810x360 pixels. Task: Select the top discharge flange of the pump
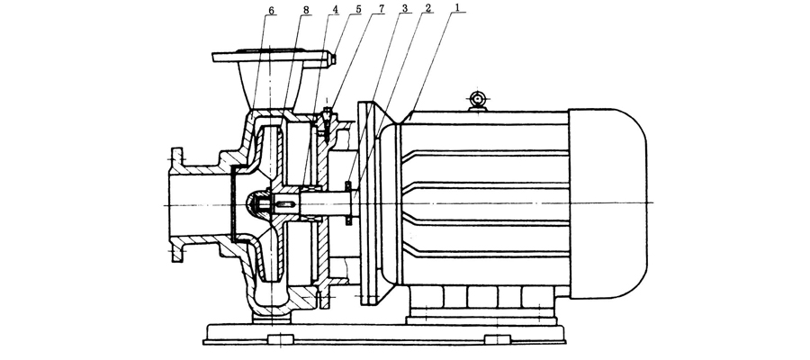coord(270,58)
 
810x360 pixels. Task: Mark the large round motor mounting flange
coord(369,205)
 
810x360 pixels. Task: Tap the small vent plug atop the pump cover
coord(327,112)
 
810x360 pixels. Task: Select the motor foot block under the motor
coord(486,302)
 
